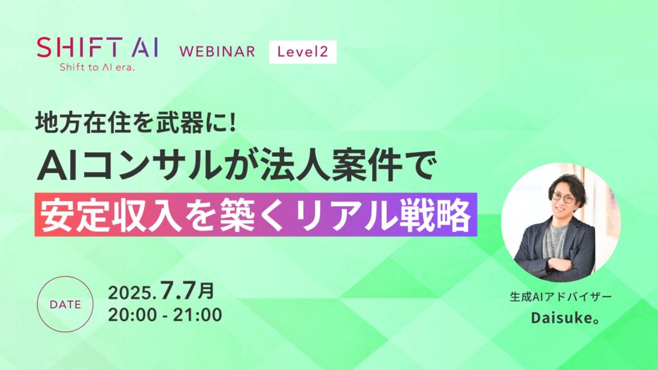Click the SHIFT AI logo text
coord(98,47)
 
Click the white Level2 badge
coord(302,51)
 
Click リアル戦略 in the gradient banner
coord(398,216)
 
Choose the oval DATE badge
coord(66,305)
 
